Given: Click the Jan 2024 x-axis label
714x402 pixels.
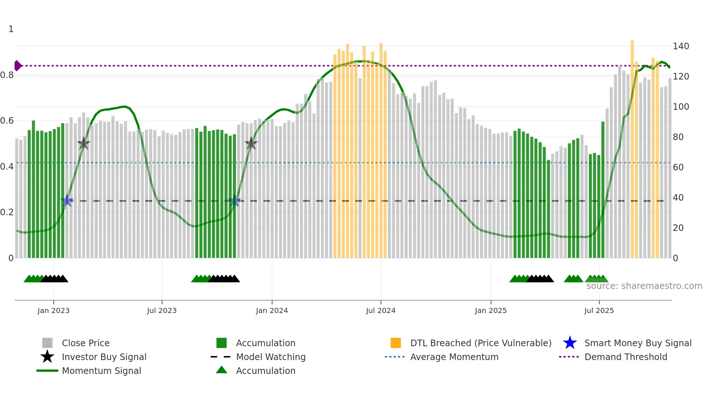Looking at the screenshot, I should click(x=272, y=310).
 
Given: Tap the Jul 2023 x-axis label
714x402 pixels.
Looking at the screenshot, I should click(x=162, y=310).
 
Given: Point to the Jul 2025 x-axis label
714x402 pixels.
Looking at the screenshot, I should click(x=599, y=310).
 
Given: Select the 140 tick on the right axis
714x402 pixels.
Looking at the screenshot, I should click(x=680, y=46).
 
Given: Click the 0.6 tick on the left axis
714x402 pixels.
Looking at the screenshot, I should click(x=7, y=121).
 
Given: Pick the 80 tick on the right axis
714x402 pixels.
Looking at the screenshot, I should click(x=678, y=137).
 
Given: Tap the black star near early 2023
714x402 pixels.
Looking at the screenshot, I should click(x=83, y=143).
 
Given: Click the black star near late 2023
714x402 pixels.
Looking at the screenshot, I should click(x=251, y=143).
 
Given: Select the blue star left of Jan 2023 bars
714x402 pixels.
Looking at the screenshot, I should click(x=67, y=200).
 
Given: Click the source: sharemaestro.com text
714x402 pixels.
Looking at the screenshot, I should click(x=644, y=286).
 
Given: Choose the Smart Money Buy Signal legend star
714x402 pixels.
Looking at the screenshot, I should click(x=570, y=343).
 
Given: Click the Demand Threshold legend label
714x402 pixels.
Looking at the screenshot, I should click(x=625, y=357).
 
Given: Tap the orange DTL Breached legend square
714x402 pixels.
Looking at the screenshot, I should click(x=396, y=343).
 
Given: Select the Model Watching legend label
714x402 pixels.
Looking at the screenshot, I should click(x=271, y=357).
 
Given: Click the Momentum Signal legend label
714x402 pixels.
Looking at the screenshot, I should click(x=101, y=371).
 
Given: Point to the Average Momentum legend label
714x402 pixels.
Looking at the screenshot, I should click(x=454, y=357).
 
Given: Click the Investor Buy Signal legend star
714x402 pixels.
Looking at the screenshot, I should click(x=47, y=357).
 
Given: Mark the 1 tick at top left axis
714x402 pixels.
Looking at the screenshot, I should click(x=11, y=29).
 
